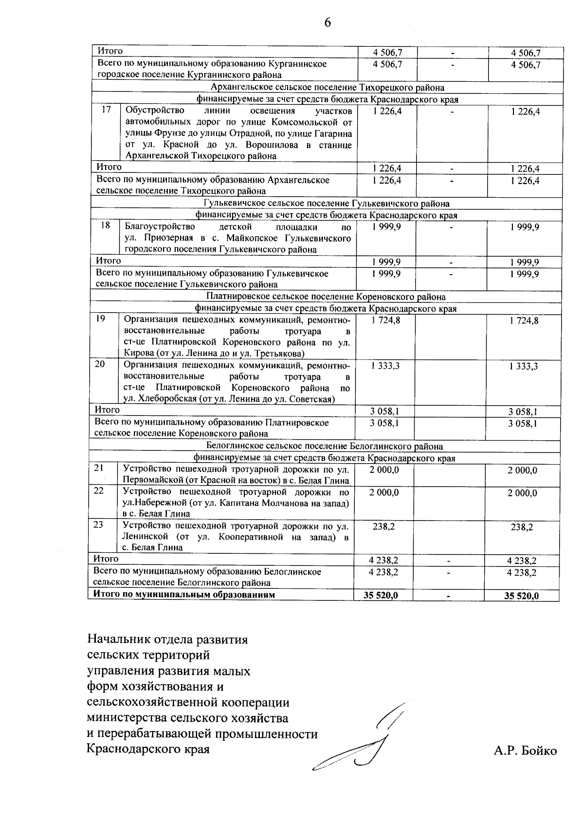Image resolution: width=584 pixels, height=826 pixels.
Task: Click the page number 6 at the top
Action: tap(327, 23)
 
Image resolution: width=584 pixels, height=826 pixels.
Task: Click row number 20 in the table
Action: tap(100, 364)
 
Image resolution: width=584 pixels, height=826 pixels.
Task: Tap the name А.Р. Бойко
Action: tap(525, 751)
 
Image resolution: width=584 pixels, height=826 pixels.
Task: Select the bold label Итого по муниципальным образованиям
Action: tap(184, 595)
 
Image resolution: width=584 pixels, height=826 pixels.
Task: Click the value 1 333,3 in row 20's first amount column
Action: tap(385, 366)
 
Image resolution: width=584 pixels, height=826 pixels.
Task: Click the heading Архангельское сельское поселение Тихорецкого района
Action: tap(328, 88)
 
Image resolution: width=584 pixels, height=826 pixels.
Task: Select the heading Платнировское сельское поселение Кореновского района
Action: tap(326, 297)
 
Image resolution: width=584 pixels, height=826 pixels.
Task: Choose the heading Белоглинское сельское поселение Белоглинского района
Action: tap(325, 446)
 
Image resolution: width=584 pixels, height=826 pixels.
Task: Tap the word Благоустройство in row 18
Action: tap(160, 226)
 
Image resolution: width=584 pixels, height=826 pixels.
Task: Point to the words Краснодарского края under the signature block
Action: tap(148, 749)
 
